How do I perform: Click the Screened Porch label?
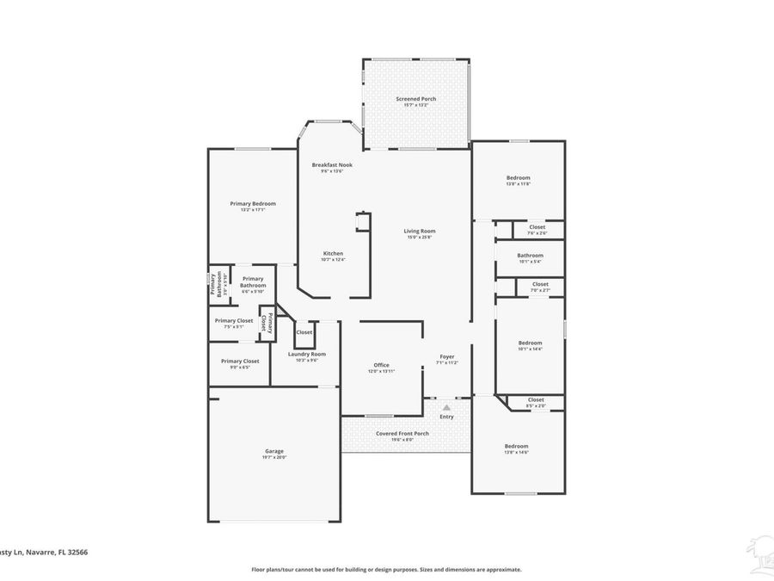tap(415, 99)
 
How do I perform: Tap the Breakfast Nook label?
tap(331, 164)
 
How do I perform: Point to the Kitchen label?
tap(333, 253)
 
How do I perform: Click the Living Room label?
tap(421, 231)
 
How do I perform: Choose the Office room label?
tap(381, 365)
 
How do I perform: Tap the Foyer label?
tap(447, 356)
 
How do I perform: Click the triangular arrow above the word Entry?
tap(446, 407)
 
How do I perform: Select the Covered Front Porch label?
tap(402, 433)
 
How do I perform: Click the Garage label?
tap(273, 451)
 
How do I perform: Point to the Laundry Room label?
tap(306, 354)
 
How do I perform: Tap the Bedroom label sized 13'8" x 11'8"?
tap(518, 177)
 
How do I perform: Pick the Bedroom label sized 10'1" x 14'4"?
tap(530, 343)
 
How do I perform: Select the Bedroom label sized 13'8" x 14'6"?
tap(516, 446)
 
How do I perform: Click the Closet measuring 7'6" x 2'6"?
tap(537, 227)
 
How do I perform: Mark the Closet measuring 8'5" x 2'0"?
tap(536, 399)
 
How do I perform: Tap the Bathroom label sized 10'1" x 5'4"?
tap(530, 255)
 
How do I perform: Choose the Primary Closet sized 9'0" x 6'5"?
tap(240, 362)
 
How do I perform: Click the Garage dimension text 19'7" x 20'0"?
tap(273, 458)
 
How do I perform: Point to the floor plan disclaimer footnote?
tap(386, 569)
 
